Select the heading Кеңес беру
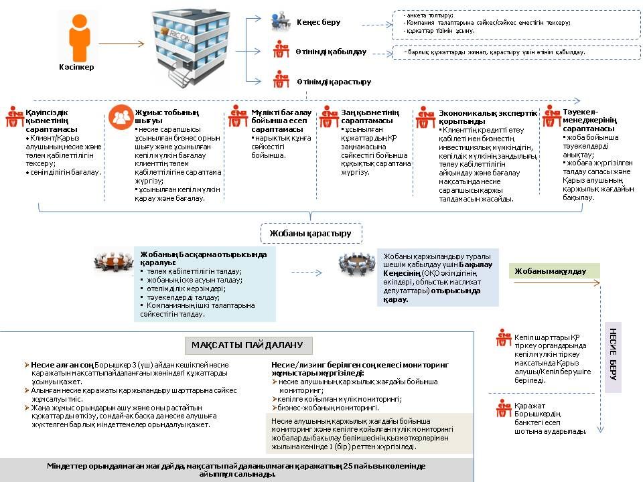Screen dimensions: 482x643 pos(318,22)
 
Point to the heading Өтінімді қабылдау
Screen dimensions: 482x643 pos(331,52)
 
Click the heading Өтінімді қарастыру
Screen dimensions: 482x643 pos(334,82)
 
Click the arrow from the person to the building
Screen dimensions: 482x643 pos(121,44)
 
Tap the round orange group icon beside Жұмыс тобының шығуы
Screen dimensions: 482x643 pos(121,117)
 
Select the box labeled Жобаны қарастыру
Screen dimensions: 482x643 pos(311,233)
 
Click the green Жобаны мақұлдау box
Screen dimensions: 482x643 pos(554,271)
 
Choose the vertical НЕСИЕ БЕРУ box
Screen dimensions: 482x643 pos(614,357)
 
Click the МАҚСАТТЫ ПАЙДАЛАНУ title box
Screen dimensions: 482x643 pos(248,345)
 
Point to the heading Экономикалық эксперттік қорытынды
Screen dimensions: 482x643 pos(487,118)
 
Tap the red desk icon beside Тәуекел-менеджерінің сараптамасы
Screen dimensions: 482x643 pos(552,115)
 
